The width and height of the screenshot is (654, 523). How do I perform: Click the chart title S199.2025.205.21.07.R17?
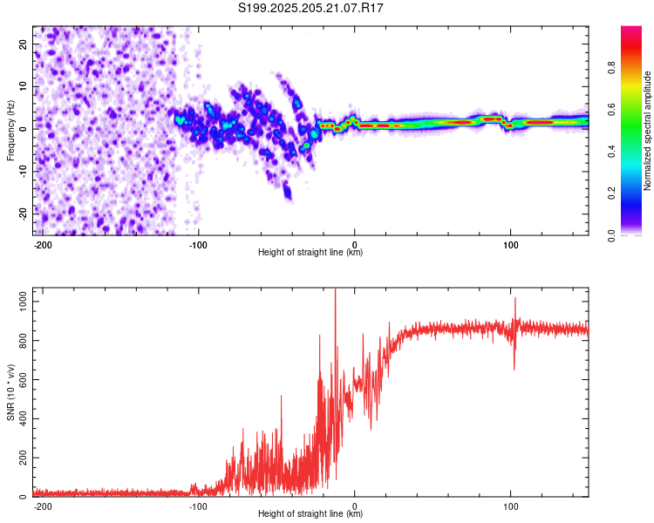(310, 8)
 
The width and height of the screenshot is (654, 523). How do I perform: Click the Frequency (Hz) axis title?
(10, 131)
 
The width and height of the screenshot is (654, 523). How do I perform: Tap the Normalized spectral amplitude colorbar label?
(647, 131)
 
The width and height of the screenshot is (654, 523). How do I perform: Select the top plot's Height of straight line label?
(310, 252)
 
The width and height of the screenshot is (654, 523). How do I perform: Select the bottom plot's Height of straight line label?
(310, 513)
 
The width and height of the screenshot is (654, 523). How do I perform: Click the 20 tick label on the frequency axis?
(23, 44)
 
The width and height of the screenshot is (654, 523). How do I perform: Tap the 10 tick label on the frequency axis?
(23, 86)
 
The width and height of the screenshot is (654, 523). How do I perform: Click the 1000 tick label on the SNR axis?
(23, 301)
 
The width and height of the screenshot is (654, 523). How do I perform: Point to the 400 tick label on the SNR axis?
(23, 418)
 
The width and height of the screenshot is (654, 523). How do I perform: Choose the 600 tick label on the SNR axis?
(23, 379)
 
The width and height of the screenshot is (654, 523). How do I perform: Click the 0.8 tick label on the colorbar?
(611, 67)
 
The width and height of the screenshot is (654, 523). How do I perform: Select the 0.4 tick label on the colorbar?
(611, 152)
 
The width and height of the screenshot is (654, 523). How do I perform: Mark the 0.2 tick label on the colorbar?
(611, 194)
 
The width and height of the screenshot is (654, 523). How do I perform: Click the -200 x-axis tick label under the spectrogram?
(42, 245)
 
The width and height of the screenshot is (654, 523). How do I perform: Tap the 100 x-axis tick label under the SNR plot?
(510, 506)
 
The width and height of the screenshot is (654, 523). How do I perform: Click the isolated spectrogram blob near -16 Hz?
(288, 192)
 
